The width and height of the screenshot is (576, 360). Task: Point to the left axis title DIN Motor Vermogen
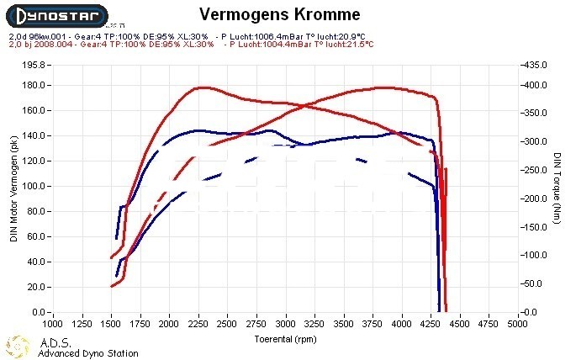(14, 188)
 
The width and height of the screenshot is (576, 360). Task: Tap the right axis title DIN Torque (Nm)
(558, 187)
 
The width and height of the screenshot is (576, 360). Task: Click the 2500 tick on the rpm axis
(227, 323)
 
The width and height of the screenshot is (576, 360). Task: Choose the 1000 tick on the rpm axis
(52, 323)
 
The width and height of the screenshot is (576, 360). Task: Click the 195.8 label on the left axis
(34, 65)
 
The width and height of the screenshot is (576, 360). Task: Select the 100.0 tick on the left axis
(34, 186)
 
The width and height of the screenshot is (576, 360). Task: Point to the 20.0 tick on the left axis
(35, 287)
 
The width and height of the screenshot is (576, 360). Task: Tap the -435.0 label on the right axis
(535, 65)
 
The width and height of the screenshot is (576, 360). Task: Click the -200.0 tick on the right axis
(535, 199)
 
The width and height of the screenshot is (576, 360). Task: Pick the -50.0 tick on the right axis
(536, 283)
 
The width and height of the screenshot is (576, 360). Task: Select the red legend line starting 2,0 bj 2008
(109, 45)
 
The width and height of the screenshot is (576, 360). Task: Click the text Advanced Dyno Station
(87, 353)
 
